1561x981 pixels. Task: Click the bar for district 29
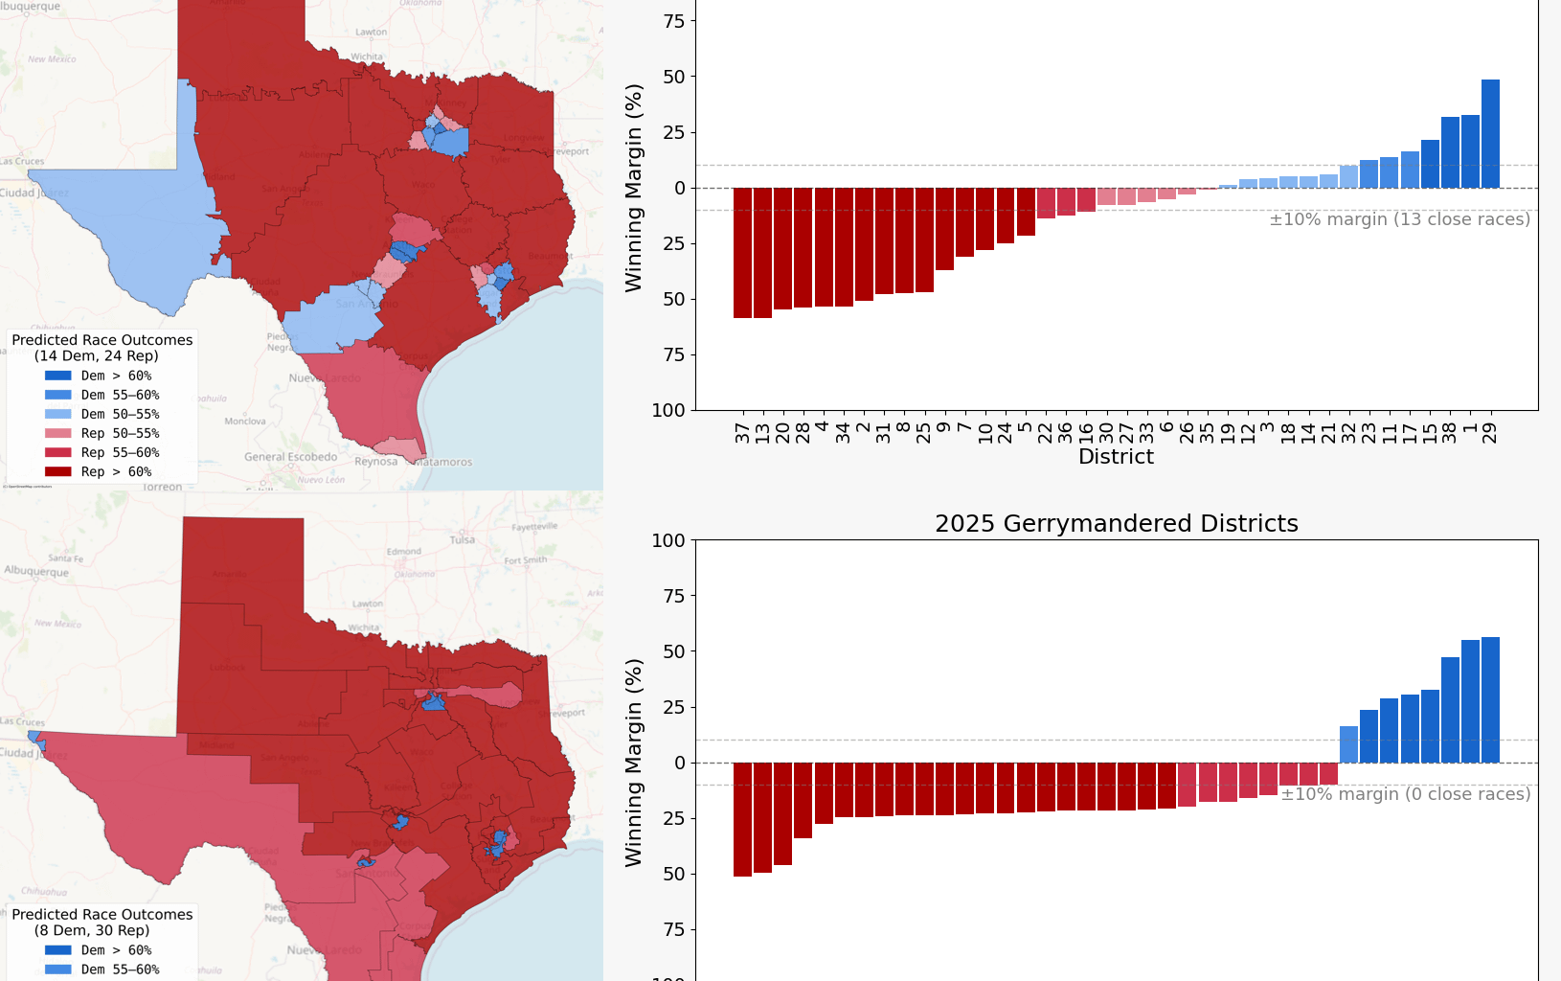(1490, 134)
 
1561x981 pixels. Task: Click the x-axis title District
(1116, 457)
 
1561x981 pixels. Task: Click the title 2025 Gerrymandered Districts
(1116, 524)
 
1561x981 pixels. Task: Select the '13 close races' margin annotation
(1399, 219)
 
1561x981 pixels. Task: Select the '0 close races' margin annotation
(1405, 794)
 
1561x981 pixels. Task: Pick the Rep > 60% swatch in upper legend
(57, 471)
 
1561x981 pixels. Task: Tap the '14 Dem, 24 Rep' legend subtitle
(97, 355)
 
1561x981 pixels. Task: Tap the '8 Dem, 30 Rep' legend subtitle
(92, 930)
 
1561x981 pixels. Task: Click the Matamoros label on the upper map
(443, 462)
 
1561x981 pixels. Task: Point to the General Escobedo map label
(290, 457)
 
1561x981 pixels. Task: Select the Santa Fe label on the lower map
(65, 558)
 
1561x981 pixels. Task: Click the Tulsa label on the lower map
(462, 539)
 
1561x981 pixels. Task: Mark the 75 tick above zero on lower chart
(674, 596)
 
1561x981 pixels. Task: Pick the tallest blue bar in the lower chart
(1490, 699)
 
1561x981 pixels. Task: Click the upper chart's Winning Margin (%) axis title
(633, 188)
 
